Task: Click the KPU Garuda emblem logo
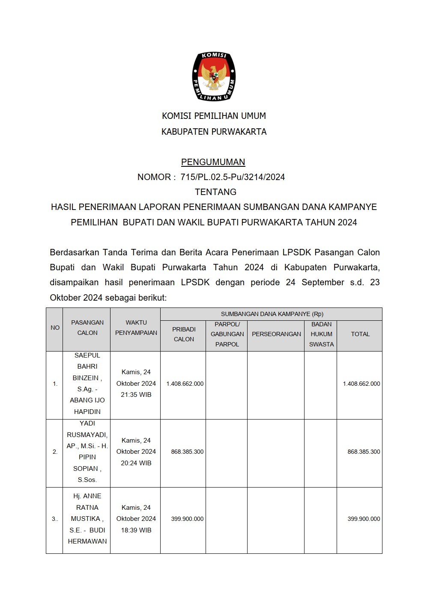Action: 214,77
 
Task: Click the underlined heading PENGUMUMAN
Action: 213,162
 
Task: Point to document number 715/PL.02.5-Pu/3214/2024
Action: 233,177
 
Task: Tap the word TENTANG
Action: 215,192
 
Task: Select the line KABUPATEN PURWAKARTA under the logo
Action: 214,132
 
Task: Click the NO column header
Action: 55,328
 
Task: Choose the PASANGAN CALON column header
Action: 87,328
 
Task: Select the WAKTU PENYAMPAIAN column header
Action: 136,328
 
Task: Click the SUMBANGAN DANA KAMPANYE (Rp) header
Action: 272,314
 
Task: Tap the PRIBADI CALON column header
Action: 184,334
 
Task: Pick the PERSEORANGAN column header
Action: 276,334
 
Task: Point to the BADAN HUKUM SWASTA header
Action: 321,334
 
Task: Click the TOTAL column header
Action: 360,334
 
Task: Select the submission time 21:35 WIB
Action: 136,395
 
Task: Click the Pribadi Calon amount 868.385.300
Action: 187,452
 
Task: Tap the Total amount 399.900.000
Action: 364,519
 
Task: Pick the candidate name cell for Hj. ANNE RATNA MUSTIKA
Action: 87,518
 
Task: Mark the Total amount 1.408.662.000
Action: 361,384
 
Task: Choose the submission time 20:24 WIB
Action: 136,463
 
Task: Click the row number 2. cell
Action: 55,452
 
